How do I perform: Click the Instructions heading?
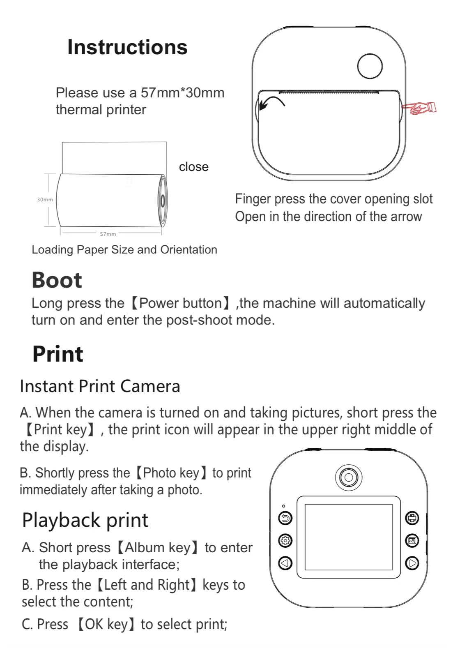click(127, 47)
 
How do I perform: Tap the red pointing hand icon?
click(419, 108)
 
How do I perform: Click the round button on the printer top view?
click(370, 66)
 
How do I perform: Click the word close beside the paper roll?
click(193, 167)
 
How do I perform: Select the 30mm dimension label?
click(45, 200)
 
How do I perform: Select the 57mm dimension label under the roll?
click(108, 234)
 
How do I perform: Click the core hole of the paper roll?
click(163, 201)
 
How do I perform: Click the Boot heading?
click(57, 280)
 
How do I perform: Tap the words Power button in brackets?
click(181, 303)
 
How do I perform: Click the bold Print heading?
click(57, 354)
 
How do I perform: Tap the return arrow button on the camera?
click(285, 518)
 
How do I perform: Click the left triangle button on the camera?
click(285, 563)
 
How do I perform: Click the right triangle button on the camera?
click(412, 563)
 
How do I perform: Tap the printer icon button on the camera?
click(412, 518)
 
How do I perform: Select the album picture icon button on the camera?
click(412, 540)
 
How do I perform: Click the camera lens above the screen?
click(349, 477)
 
